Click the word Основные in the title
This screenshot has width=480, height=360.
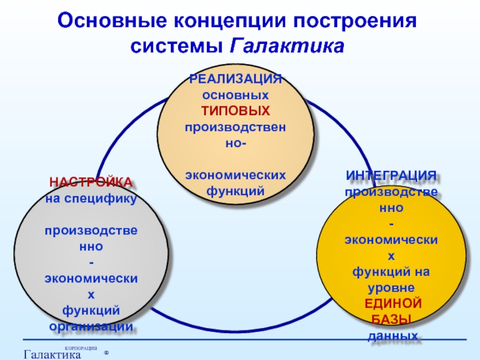point(112,22)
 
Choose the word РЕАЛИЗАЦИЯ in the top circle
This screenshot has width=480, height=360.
point(235,80)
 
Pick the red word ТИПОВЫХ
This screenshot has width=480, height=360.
point(235,111)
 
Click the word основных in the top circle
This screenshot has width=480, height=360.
point(235,95)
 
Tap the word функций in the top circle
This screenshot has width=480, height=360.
point(235,190)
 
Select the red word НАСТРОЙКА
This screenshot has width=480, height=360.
point(91,182)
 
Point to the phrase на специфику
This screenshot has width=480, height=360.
point(91,197)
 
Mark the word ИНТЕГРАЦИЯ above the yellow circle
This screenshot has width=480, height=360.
point(391,176)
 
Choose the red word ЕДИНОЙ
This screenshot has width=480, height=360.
point(391,302)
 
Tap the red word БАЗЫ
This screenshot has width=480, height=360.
point(391,318)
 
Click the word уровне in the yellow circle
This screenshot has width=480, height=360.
point(391,287)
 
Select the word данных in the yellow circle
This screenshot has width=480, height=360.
point(391,335)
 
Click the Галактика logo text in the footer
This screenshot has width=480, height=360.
point(52,355)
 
